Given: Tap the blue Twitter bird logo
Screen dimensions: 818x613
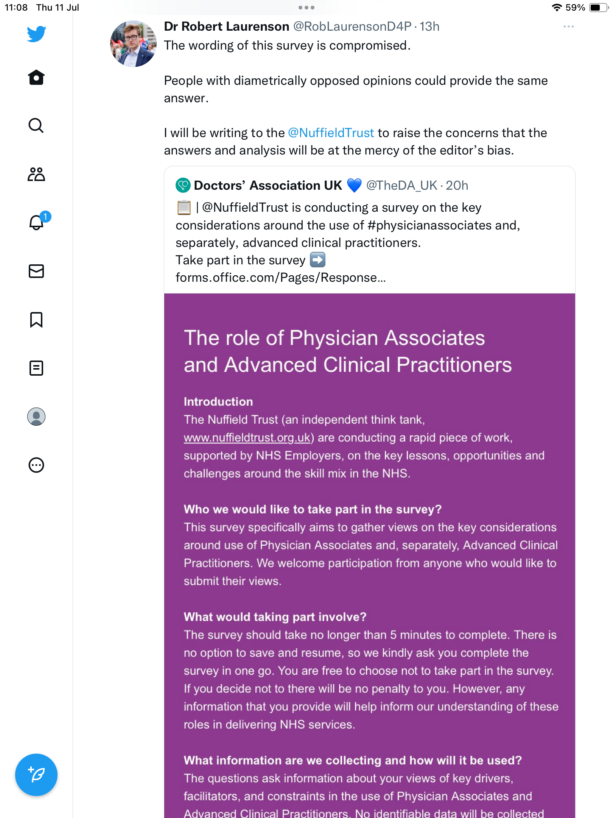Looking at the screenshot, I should point(36,34).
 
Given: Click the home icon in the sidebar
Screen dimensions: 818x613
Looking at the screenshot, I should point(36,77).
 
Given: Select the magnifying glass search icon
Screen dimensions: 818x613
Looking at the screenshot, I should point(36,125).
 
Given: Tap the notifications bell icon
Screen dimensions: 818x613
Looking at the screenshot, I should point(36,222).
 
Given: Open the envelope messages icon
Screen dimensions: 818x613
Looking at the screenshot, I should point(36,271).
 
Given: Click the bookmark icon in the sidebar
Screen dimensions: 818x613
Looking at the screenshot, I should point(36,320).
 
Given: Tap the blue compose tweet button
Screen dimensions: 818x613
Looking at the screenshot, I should point(36,775).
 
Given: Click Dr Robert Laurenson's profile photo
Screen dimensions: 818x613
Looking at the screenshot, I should point(133,44).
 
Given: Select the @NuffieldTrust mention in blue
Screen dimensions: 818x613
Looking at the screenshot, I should point(331,133).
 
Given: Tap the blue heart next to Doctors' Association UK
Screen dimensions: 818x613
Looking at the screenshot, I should point(354,186).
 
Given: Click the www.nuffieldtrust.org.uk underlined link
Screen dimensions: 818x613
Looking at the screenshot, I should point(247,438).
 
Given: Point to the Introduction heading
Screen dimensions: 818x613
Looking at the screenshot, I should point(218,402).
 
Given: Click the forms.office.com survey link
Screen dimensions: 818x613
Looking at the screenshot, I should point(280,278).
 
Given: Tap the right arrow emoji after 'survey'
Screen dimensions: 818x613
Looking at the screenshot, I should point(317,260).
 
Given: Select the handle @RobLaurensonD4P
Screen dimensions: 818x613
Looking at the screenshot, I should point(352,27).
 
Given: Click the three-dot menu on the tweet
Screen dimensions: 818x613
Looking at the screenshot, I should point(568,27).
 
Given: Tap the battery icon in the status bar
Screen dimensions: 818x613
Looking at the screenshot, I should point(598,8).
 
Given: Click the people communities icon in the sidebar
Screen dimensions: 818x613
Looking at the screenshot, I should point(36,174).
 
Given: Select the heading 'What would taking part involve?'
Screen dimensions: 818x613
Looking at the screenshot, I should point(275,617).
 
